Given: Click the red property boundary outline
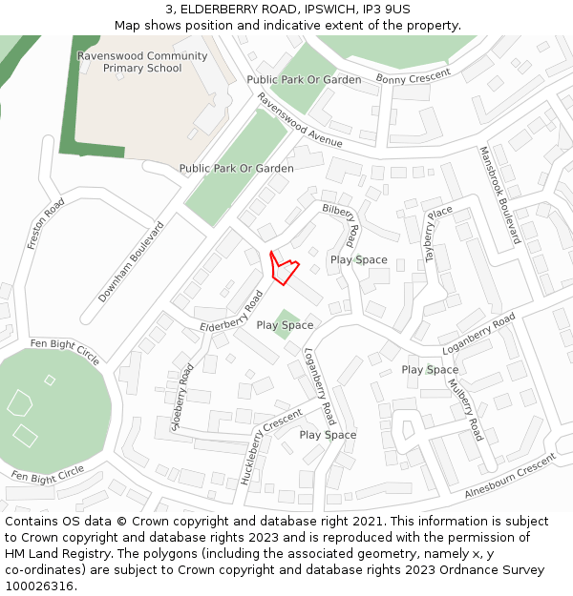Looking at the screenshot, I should pos(284,267).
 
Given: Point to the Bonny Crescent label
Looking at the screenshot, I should pos(413,76).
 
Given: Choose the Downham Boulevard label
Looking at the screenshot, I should pos(132,262).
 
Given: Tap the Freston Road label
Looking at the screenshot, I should pos(46,224).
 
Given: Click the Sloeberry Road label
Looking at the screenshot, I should pos(181,397).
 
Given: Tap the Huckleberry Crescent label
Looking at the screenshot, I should pos(271,446).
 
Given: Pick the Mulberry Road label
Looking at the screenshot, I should pos(466,410).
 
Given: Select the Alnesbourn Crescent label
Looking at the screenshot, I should pos(510,476).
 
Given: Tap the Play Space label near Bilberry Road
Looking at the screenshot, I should pos(359,259).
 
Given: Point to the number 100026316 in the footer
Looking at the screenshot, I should pos(38,586).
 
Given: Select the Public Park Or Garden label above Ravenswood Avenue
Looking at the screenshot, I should pos(304,80).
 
